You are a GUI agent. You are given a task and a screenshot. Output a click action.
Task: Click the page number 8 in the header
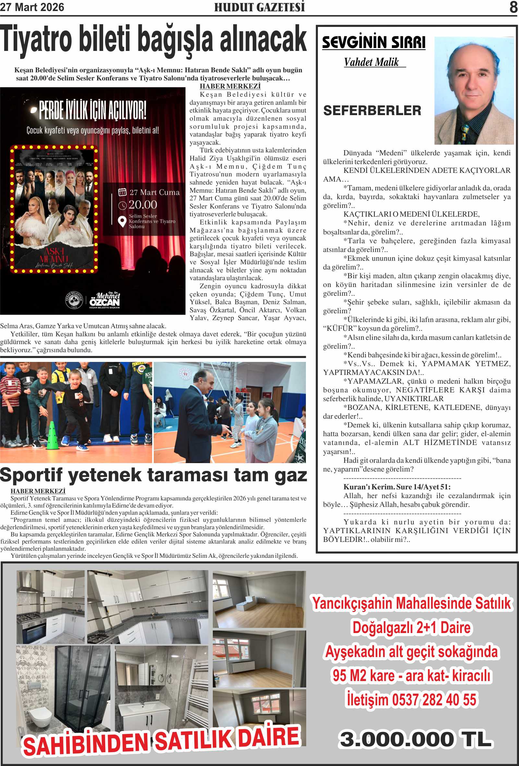[x=513, y=7]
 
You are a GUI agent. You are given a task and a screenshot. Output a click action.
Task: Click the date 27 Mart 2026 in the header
[x=32, y=7]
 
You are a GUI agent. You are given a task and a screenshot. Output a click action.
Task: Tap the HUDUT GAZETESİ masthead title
[x=259, y=7]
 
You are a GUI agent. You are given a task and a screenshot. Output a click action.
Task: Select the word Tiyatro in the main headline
[x=36, y=40]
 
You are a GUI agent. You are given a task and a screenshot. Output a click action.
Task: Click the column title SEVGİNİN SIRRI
[x=374, y=43]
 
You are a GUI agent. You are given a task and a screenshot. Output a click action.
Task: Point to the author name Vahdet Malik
[x=371, y=62]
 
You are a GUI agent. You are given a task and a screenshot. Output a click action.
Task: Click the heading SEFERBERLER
[x=372, y=111]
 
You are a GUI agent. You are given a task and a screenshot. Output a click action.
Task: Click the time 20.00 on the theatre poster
[x=143, y=205]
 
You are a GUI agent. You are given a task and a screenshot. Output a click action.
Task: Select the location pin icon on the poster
[x=122, y=221]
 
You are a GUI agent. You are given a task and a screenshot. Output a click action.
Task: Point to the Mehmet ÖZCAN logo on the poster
[x=104, y=300]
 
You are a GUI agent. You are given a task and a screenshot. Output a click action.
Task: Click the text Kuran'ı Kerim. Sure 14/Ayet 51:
[x=397, y=487]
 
